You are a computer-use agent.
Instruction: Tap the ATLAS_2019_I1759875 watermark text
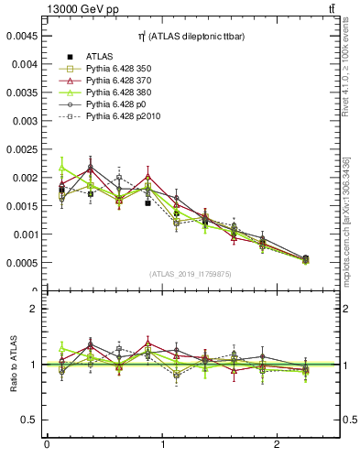[191, 274]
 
